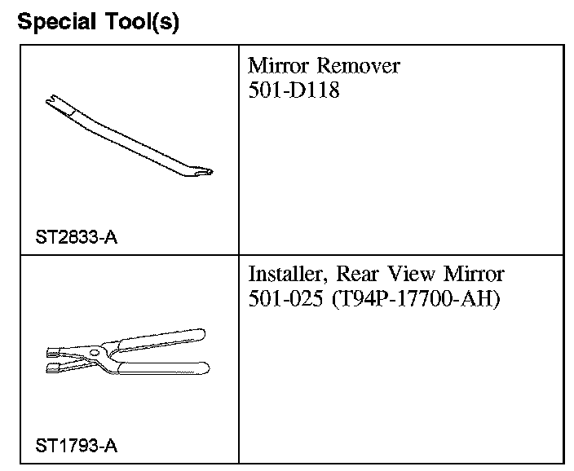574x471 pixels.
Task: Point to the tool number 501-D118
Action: (x=294, y=90)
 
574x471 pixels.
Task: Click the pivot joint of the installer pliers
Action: (x=97, y=353)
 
